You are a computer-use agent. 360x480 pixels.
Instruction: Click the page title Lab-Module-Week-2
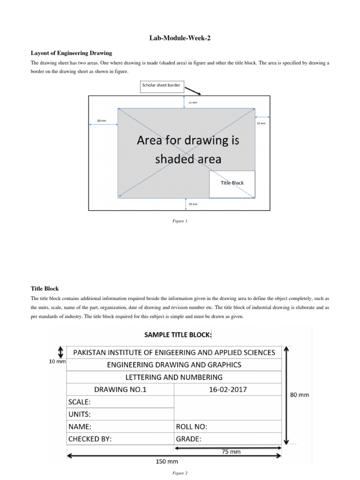[x=180, y=38]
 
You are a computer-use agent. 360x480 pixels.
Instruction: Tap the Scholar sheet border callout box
[x=161, y=86]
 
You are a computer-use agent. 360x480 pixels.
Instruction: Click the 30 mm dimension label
[x=101, y=121]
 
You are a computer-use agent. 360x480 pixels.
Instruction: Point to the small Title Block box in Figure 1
[x=232, y=183]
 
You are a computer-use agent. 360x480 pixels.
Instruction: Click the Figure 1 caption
[x=180, y=221]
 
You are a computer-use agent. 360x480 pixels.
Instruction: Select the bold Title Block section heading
[x=45, y=289]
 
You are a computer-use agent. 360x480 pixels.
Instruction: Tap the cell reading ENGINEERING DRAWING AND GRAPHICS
[x=174, y=364]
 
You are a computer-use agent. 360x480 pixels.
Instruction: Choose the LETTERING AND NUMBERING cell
[x=174, y=377]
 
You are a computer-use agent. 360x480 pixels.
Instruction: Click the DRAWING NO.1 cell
[x=120, y=389]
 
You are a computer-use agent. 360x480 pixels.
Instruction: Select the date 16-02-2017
[x=228, y=389]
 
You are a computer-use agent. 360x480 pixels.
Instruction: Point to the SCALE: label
[x=79, y=402]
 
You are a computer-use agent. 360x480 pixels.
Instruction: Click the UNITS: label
[x=79, y=414]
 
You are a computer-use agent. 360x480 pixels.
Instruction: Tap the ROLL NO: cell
[x=191, y=427]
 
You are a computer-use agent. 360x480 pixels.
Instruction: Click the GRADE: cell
[x=188, y=439]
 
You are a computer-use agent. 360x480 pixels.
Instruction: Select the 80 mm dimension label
[x=300, y=395]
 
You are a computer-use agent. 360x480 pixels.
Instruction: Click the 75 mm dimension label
[x=231, y=452]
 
